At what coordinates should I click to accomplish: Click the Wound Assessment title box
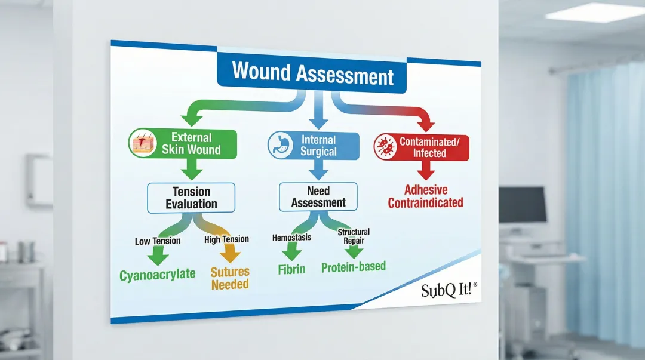[x=312, y=75]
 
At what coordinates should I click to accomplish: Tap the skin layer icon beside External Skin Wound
[x=142, y=143]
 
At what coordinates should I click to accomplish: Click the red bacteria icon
[x=385, y=147]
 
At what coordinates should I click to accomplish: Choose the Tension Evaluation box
[x=191, y=198]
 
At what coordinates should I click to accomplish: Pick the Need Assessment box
[x=318, y=197]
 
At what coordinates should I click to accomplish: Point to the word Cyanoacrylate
[x=158, y=275]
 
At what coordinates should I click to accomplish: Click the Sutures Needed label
[x=230, y=278]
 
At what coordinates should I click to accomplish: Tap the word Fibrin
[x=291, y=269]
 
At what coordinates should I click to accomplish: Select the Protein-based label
[x=354, y=267]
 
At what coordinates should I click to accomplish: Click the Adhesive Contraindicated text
[x=425, y=196]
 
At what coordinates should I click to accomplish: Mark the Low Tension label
[x=158, y=241]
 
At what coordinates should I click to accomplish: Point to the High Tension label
[x=226, y=239]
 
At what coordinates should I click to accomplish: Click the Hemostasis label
[x=292, y=238]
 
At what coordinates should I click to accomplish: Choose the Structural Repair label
[x=354, y=236]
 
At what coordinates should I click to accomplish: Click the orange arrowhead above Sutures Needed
[x=229, y=255]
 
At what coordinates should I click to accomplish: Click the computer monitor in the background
[x=523, y=205]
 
